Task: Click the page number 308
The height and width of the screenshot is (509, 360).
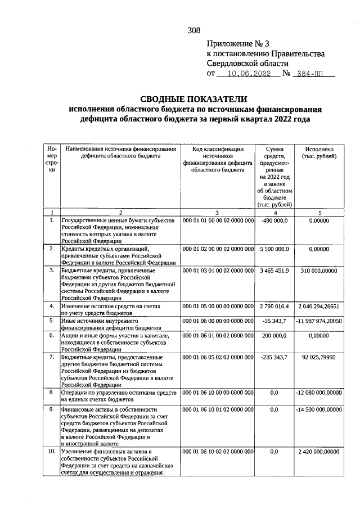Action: (x=194, y=31)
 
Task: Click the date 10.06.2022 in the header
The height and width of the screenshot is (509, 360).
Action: (x=247, y=73)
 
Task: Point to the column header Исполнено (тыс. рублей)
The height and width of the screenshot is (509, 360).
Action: (x=319, y=152)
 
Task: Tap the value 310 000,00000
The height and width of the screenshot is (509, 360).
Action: (x=319, y=271)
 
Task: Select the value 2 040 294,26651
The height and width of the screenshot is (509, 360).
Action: (x=319, y=307)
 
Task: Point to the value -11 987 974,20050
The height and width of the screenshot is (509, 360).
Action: (x=319, y=321)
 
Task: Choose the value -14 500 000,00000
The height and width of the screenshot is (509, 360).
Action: (x=319, y=410)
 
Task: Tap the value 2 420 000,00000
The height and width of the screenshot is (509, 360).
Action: (x=319, y=452)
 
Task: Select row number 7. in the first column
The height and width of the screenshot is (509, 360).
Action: (x=52, y=357)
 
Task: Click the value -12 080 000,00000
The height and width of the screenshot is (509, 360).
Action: (x=319, y=392)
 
